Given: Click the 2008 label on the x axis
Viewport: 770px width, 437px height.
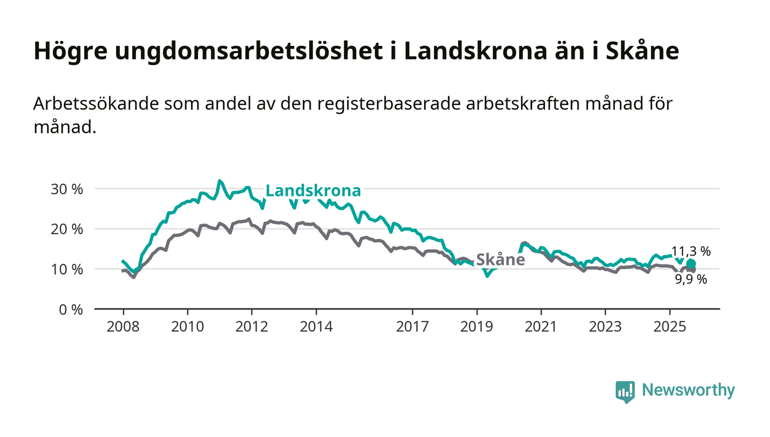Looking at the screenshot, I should [123, 327].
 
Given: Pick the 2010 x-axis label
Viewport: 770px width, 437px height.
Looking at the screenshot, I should [188, 327].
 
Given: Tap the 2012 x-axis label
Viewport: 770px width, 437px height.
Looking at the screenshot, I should [252, 327].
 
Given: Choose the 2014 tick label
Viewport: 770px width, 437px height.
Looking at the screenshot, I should [316, 327].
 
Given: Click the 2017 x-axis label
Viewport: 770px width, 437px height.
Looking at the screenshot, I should [413, 327].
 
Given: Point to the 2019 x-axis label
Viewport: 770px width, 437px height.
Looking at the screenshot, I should [477, 327].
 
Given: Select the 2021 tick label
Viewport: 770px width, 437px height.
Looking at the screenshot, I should [541, 327].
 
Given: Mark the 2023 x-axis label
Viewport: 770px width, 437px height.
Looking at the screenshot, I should [605, 327].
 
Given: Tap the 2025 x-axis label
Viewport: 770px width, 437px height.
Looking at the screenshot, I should [669, 327].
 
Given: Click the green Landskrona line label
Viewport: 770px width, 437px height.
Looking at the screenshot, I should [313, 191].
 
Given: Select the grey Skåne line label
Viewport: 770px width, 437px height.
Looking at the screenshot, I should [500, 260].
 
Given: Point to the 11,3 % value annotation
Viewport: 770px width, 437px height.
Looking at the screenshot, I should [691, 252].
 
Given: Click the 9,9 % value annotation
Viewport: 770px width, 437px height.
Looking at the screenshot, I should [691, 279].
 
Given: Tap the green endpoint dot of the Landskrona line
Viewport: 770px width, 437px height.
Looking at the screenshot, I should [691, 264].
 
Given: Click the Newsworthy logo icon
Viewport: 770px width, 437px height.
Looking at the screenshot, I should [625, 391].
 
